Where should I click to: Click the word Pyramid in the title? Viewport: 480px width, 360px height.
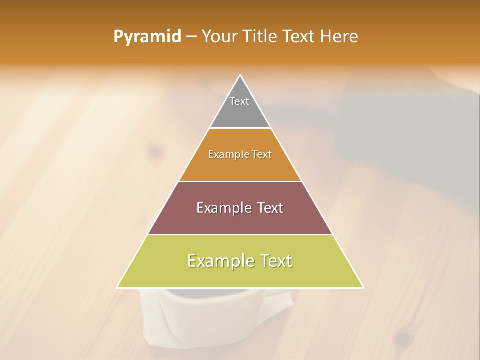pyautogui.click(x=147, y=37)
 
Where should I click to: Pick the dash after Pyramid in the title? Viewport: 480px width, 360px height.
pyautogui.click(x=191, y=37)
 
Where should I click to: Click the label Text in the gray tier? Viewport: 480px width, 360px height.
pyautogui.click(x=239, y=101)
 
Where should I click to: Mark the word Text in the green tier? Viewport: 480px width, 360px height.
pyautogui.click(x=274, y=261)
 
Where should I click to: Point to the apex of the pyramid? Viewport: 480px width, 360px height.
pyautogui.click(x=240, y=76)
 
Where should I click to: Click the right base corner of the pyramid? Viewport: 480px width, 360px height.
pyautogui.click(x=363, y=287)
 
